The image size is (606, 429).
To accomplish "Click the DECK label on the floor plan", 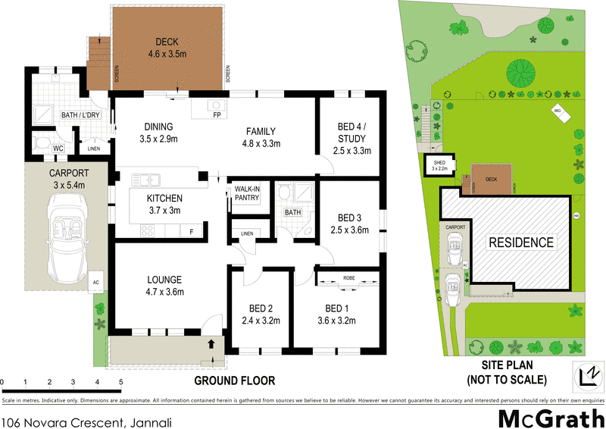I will click(166, 42).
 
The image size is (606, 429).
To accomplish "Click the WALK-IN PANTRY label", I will click(247, 193).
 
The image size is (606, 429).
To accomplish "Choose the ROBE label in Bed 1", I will click(349, 278).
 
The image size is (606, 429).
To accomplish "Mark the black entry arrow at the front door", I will click(212, 346).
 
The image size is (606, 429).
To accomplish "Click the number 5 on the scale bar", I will click(120, 380).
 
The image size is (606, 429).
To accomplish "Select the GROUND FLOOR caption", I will click(234, 380).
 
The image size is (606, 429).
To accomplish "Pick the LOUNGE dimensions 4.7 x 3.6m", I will click(166, 292).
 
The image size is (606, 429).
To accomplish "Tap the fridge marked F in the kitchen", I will click(192, 231).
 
